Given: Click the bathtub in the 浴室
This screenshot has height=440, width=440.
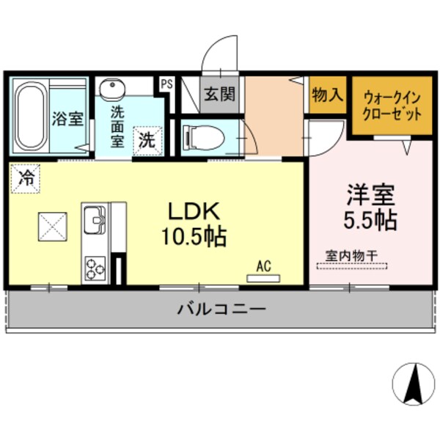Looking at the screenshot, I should pos(29,116).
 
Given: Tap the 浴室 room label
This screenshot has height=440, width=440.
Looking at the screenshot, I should pos(67,118).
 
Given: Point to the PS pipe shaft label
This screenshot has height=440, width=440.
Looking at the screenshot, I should pos(166,84).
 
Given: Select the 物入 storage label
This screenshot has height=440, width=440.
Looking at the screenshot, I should pos(326,95).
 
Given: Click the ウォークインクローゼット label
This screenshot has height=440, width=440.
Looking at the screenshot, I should pos(392,106).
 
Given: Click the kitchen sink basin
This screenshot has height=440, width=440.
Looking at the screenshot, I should pos(95,219).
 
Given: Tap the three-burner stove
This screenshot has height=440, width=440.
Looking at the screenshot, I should pos(95,268).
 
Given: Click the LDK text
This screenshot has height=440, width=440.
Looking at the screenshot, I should pos(194,211).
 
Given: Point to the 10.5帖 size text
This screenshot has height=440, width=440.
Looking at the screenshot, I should pos(194,237).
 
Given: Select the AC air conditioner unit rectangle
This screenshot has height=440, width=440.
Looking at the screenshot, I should pos(263,278).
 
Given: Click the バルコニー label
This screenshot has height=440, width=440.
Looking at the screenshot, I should pos(220,309).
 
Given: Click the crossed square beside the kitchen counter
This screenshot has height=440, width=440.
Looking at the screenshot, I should pos(53,227).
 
